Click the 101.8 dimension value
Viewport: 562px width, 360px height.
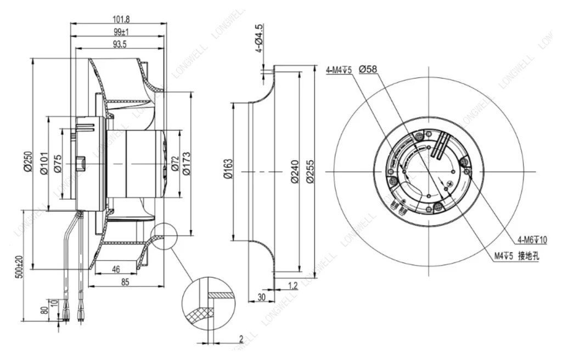[x=119, y=19]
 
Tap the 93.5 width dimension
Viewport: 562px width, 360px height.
[x=120, y=44]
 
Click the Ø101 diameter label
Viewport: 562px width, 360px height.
[x=43, y=164]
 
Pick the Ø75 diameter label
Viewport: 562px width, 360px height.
[x=58, y=163]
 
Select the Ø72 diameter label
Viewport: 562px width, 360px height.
[x=175, y=164]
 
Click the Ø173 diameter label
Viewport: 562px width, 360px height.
[x=186, y=164]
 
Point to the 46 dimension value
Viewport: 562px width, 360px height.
[x=116, y=269]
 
